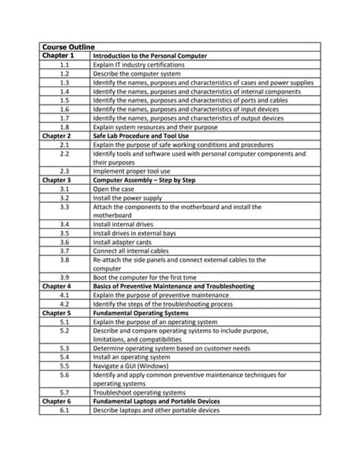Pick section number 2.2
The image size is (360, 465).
(65, 153)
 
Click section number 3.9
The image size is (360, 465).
(65, 277)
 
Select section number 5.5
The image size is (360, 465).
(65, 365)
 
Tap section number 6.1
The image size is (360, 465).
(65, 410)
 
